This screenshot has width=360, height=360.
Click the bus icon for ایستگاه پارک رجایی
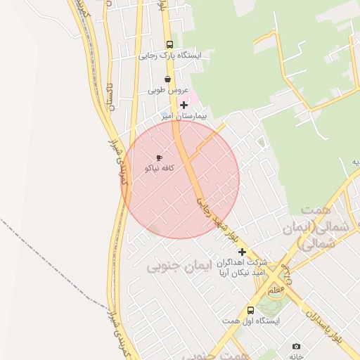[x=170, y=44]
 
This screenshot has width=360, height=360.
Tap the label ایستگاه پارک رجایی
[x=170, y=55]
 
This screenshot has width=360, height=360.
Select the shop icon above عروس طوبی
[x=167, y=79]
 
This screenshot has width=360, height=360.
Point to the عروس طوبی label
[x=167, y=91]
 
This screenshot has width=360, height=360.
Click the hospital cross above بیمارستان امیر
[x=184, y=105]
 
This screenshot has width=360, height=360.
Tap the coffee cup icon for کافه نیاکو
[x=159, y=157]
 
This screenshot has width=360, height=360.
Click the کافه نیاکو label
[x=159, y=169]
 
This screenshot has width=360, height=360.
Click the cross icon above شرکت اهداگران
[x=242, y=252]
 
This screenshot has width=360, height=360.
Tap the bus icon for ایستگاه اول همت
[x=250, y=310]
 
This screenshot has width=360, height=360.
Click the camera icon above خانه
[x=296, y=347]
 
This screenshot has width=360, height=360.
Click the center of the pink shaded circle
[x=181, y=179]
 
